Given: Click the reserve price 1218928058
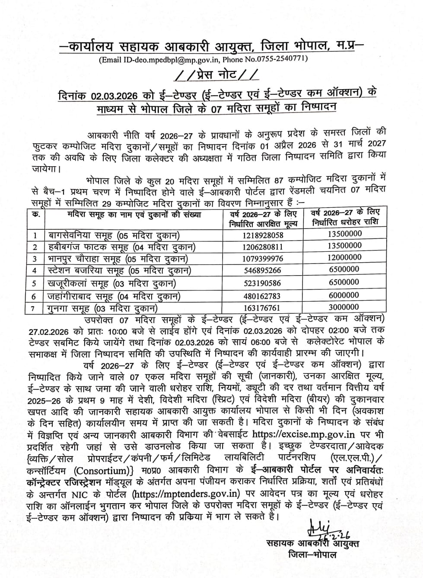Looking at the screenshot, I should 263,235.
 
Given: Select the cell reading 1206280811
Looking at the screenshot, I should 263,247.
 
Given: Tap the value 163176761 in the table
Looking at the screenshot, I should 263,308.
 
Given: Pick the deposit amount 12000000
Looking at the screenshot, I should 344,257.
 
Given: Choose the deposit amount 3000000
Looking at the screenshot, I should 344,307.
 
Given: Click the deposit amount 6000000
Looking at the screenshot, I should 344,295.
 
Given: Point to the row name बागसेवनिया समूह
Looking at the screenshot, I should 78,235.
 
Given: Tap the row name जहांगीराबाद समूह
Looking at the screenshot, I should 78,296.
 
